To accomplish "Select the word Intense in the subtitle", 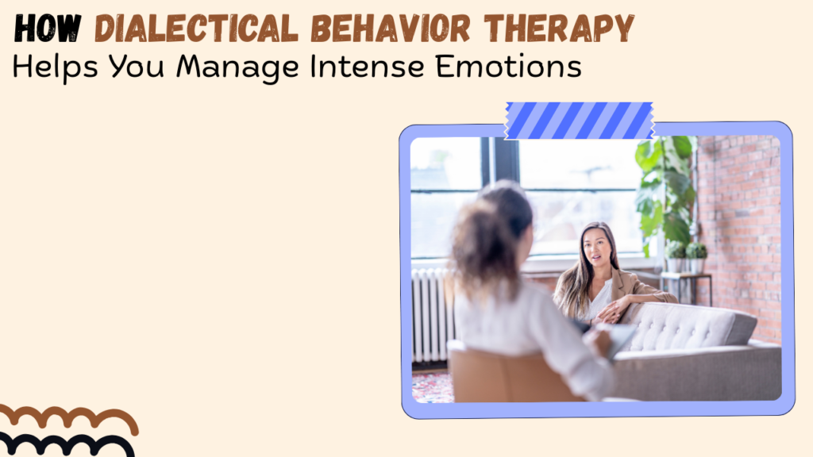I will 367,67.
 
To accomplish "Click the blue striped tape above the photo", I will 580,121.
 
